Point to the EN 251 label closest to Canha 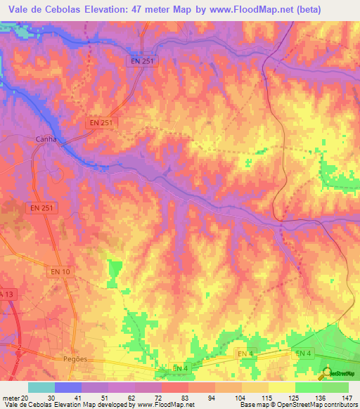(103, 122)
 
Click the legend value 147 (347, 397)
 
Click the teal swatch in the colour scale (41, 387)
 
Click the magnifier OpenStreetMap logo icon (325, 372)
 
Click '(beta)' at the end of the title (309, 9)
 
